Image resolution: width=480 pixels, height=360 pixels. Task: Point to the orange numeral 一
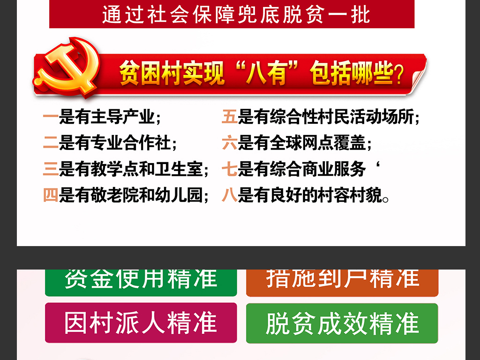[x=50, y=117]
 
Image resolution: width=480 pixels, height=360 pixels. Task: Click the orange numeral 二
[x=50, y=143]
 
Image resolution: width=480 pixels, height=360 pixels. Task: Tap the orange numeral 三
[x=50, y=169]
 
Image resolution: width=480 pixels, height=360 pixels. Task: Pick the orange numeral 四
[x=50, y=195]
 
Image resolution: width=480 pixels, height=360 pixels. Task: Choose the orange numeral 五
[x=230, y=117]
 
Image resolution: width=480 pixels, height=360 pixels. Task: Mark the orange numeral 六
[x=230, y=143]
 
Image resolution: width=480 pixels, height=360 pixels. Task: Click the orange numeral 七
[x=230, y=169]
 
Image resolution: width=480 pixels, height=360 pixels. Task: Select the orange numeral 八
[x=230, y=195]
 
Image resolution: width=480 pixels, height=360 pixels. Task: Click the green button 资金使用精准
[x=141, y=281]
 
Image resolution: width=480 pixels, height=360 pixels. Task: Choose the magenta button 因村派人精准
[x=141, y=322]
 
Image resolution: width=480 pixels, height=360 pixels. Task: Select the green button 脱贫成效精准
[x=342, y=322]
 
